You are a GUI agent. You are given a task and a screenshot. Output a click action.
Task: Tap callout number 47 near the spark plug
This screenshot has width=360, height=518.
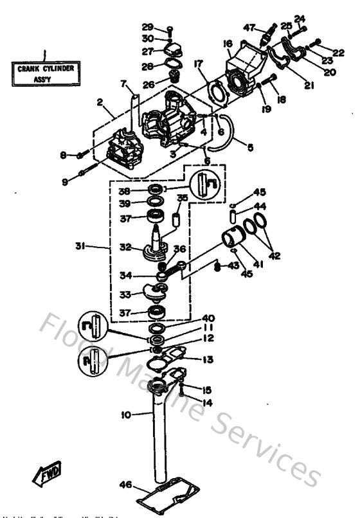pyautogui.click(x=249, y=27)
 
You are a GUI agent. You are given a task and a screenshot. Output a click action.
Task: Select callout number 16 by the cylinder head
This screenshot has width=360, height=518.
pyautogui.click(x=228, y=43)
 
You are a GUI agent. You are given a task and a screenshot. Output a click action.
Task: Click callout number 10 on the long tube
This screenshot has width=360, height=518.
pyautogui.click(x=127, y=415)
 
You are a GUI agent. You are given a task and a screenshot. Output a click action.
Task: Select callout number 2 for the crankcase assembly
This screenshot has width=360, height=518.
pyautogui.click(x=100, y=102)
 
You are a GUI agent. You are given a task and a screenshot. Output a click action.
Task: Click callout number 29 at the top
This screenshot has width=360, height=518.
pyautogui.click(x=147, y=27)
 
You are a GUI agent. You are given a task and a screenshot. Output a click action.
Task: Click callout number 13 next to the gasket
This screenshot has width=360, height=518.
pyautogui.click(x=209, y=360)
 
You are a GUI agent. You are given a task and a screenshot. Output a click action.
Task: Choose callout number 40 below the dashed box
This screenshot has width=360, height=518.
pyautogui.click(x=208, y=318)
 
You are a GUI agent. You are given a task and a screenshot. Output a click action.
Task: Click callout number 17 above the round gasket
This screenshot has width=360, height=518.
pyautogui.click(x=199, y=64)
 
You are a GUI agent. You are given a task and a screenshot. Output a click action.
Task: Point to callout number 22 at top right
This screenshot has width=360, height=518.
pyautogui.click(x=339, y=51)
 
